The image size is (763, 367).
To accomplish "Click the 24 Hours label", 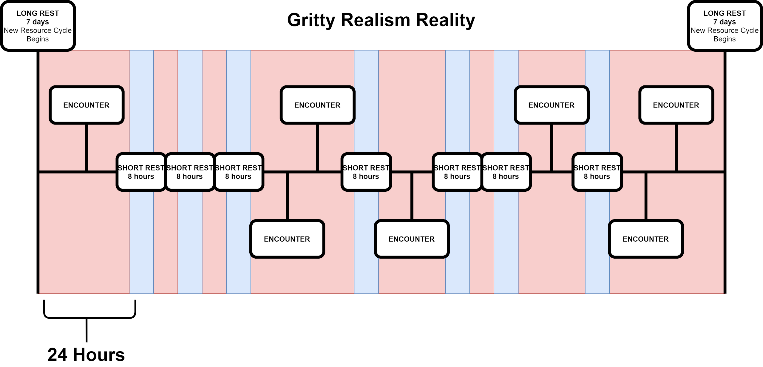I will pos(86,354).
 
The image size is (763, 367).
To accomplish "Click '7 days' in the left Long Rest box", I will pos(38,22).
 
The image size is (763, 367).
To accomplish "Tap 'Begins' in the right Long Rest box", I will pos(725,39).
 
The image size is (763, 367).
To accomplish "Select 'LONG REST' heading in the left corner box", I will pos(38,13).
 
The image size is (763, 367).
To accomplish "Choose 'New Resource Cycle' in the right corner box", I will pos(725,30).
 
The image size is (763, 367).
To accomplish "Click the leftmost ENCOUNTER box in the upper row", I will pos(87,105).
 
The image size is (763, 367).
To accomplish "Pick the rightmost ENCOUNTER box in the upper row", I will pos(676,105).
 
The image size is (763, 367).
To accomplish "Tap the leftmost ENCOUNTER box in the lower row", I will pos(287,239).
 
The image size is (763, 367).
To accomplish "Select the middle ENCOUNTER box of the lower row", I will pos(412,239).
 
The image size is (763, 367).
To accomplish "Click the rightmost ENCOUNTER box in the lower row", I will pos(645,239).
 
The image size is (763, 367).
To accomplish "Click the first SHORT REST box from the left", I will pos(141,172).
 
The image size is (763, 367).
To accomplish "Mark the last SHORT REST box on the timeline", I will pos(597,172).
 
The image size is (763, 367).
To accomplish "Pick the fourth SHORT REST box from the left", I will pos(366,172).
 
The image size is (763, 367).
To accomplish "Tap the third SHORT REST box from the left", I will pos(238,172).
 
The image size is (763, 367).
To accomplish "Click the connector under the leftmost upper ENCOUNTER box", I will pos(87,148).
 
